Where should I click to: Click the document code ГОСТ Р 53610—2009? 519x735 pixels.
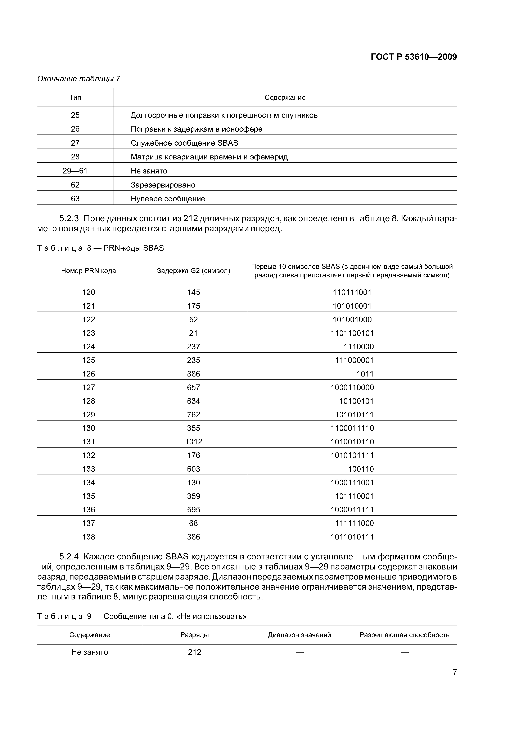click(x=414, y=57)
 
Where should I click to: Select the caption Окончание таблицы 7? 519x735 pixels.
click(x=79, y=79)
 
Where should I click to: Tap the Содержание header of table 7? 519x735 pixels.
click(x=285, y=97)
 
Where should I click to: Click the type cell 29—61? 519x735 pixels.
click(x=75, y=171)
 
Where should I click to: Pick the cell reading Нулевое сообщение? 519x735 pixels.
click(x=168, y=199)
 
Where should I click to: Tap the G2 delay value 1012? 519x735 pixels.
click(x=193, y=442)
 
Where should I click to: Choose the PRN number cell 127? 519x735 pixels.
click(x=88, y=387)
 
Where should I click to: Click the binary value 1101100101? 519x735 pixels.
click(x=352, y=333)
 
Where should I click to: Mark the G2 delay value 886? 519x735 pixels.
click(x=193, y=374)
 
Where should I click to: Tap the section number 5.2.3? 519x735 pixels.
click(x=69, y=219)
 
